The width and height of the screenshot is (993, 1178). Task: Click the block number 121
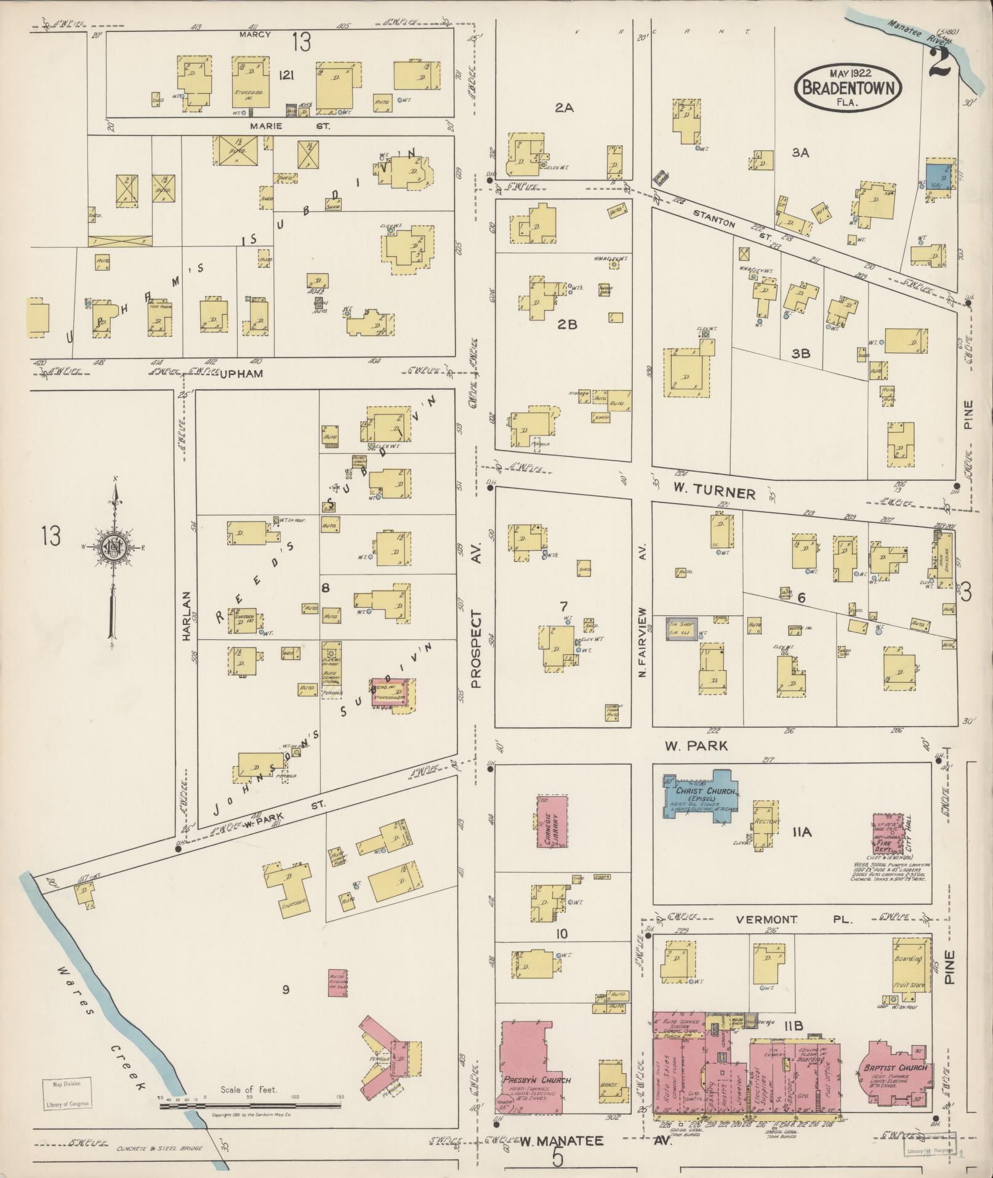(x=285, y=75)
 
